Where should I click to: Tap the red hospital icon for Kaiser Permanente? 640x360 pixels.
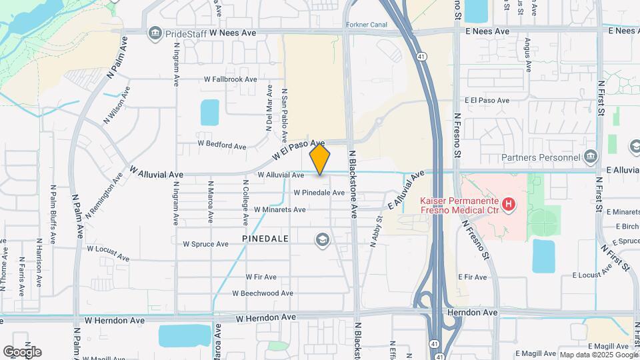[x=509, y=203]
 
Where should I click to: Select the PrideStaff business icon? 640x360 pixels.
[x=155, y=32]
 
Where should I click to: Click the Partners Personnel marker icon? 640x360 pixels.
[x=590, y=157]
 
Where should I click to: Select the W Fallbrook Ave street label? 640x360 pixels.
[x=231, y=79]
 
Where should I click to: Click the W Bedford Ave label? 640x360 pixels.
[x=222, y=145]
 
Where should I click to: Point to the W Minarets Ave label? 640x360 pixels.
[x=280, y=209]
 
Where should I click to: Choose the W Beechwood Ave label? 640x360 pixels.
[x=263, y=293]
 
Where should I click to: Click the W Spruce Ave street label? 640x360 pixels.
[x=206, y=244]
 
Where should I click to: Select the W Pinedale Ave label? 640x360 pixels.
[x=319, y=193]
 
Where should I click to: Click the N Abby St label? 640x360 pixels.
[x=376, y=231]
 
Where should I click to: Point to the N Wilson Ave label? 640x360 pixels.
[x=117, y=106]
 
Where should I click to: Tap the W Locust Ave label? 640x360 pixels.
[x=107, y=252]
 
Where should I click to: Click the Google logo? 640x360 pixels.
[x=22, y=351]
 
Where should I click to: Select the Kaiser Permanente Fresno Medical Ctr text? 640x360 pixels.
[x=459, y=205]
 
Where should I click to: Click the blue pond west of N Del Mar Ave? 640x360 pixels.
[x=209, y=113]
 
